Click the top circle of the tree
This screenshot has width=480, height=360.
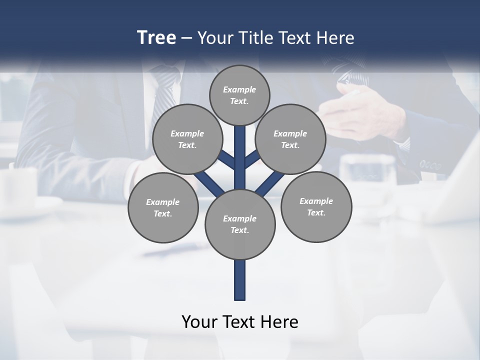239,95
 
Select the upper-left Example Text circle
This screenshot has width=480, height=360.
187,139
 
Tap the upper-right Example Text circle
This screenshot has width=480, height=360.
290,139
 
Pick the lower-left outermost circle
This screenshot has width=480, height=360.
162,208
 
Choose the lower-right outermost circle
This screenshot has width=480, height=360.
316,207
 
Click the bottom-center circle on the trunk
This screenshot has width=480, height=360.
239,224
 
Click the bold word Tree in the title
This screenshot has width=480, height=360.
156,37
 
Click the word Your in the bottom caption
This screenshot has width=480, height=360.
199,322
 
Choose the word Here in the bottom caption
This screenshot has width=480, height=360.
280,322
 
